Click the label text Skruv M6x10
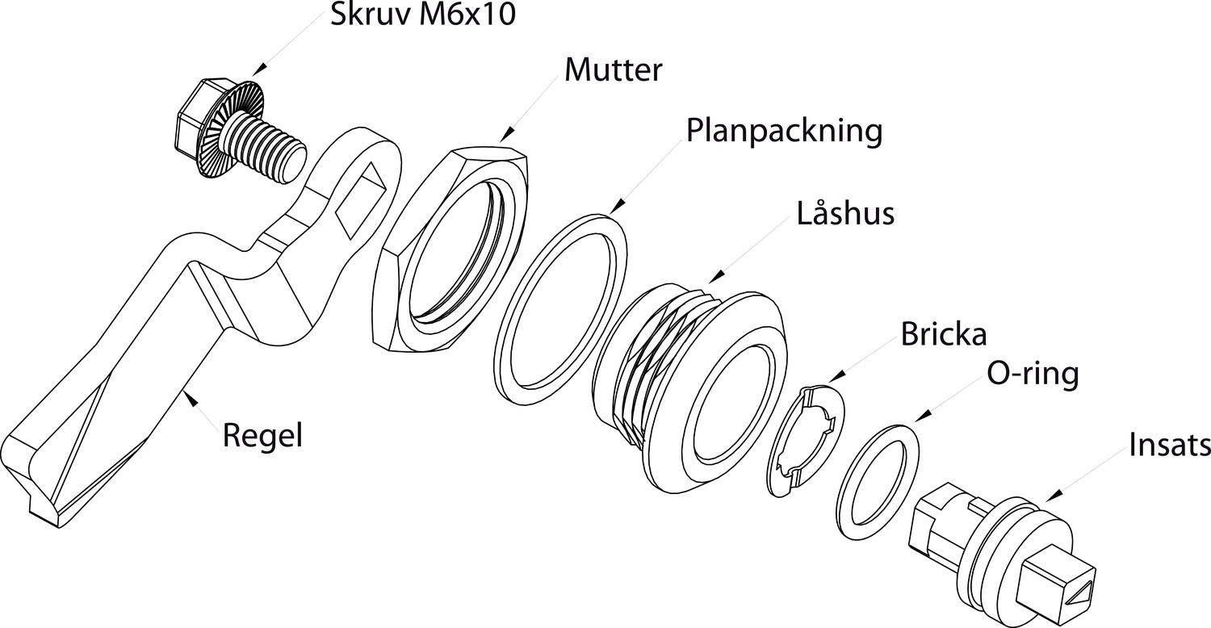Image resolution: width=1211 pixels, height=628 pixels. [x=422, y=15]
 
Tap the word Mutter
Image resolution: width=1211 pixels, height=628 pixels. [x=613, y=70]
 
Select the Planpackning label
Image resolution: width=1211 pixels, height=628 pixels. [x=784, y=130]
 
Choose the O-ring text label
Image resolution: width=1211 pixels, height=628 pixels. [x=1032, y=374]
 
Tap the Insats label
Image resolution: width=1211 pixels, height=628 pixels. [x=1169, y=445]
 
